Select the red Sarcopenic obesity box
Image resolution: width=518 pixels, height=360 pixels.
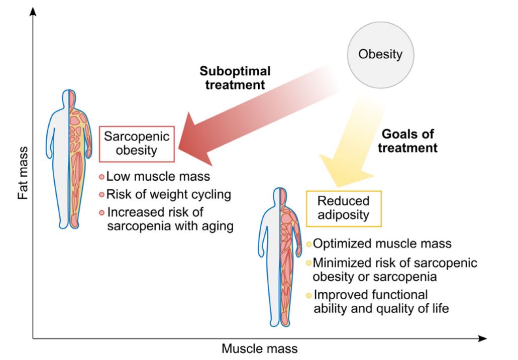click(x=136, y=144)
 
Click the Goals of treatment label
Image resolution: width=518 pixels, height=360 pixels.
click(x=408, y=141)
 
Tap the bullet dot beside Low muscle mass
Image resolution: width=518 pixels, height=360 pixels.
click(x=101, y=177)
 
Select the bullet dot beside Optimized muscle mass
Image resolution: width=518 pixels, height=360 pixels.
click(x=309, y=245)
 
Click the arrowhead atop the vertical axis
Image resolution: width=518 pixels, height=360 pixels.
click(x=34, y=11)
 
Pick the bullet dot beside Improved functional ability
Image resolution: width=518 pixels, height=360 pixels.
click(x=309, y=295)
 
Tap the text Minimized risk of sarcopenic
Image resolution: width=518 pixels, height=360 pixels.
click(x=394, y=263)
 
